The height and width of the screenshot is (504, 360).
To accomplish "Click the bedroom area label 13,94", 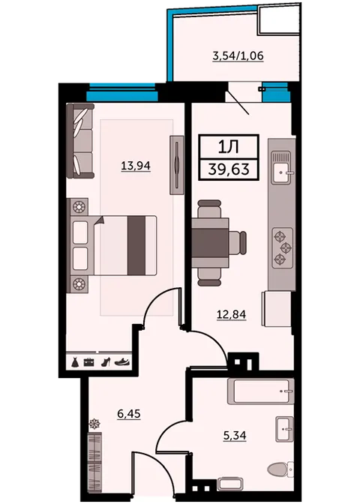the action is point(136,166).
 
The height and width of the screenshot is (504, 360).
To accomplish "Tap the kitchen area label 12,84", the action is point(232,314).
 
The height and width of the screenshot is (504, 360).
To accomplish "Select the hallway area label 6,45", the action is point(129,414).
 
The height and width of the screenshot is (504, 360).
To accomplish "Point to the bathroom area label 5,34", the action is point(235,436).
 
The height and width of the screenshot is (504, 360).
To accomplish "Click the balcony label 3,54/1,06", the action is point(238,56).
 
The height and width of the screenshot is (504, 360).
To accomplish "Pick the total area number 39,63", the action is point(229,169).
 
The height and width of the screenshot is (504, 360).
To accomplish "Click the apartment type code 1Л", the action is point(228,147).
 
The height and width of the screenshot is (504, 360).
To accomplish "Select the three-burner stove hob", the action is point(283,247).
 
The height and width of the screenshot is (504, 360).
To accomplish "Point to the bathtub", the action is point(261,391).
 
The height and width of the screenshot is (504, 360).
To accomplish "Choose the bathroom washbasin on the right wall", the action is point(284,429).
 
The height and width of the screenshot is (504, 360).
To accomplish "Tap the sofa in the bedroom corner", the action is point(80,140).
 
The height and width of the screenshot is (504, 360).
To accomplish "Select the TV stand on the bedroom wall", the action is point(177,165).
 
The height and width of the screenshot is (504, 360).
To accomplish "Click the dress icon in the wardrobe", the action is point(75,362).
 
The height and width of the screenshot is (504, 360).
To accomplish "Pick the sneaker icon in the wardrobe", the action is point(123,362).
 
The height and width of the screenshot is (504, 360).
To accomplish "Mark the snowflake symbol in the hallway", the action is point(94,424).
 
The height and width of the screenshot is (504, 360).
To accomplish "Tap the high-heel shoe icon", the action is point(106,362).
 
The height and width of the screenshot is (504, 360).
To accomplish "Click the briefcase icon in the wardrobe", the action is point(89,362).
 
